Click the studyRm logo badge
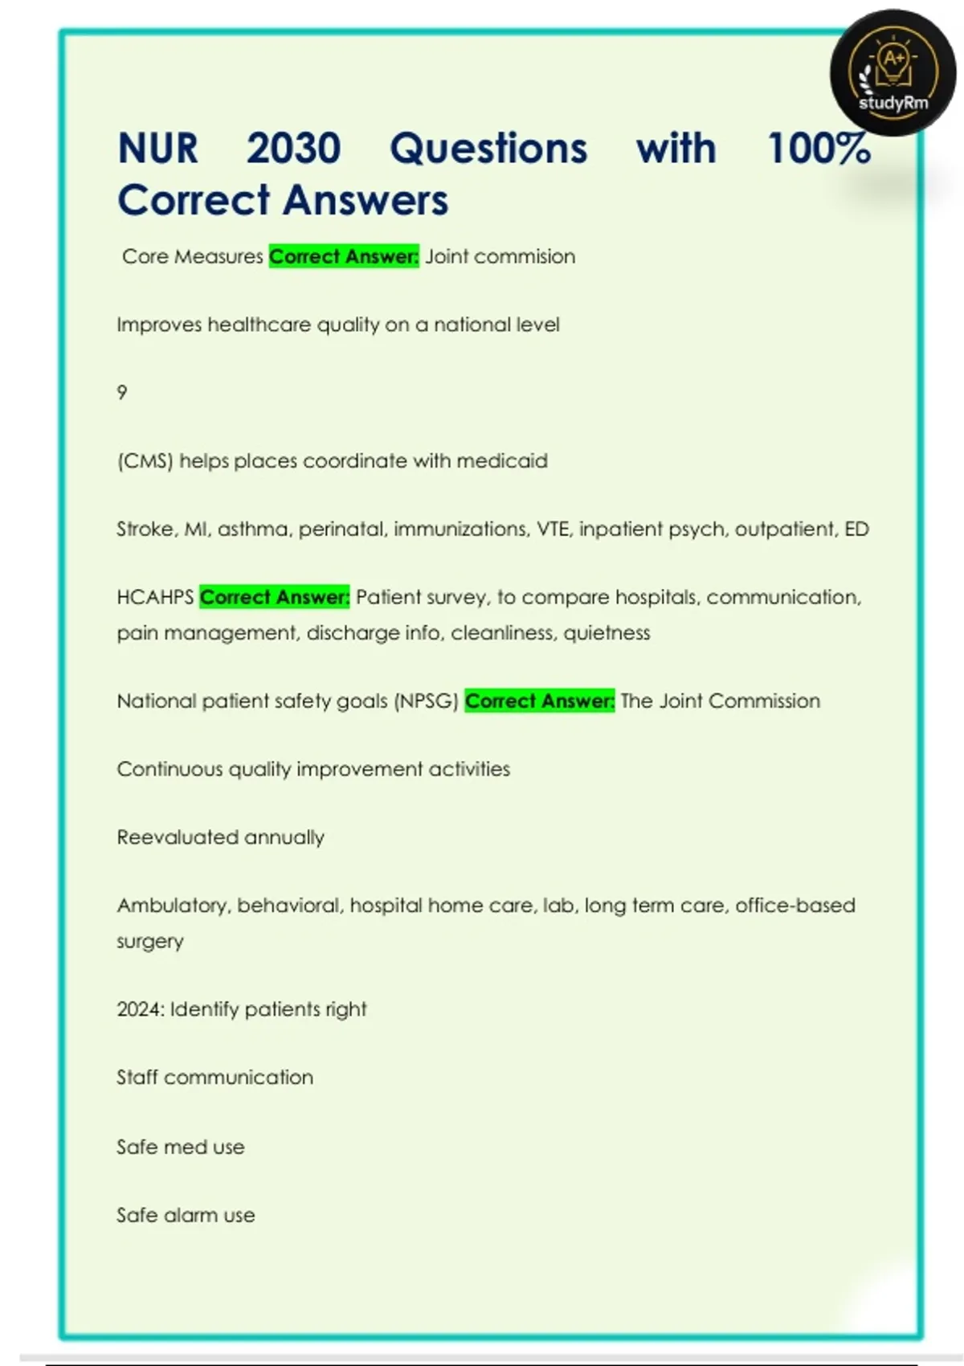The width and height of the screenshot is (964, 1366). pos(893,72)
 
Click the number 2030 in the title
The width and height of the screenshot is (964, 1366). pos(294,149)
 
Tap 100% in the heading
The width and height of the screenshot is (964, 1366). pos(819,149)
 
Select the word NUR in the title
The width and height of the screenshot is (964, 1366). pos(157,149)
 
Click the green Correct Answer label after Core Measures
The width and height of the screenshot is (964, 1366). pos(344,256)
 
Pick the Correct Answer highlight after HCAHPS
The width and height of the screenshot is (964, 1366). pos(275,597)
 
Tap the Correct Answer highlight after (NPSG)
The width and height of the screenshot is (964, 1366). pos(540,701)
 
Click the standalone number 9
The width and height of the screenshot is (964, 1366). pos(122,392)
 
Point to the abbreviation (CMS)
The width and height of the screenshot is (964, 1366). pos(145,461)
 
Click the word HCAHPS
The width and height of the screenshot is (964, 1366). pos(155,597)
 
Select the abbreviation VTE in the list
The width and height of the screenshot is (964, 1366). pos(552,529)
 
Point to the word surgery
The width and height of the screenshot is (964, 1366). pos(150,941)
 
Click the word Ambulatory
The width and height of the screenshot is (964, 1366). pos(174,906)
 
